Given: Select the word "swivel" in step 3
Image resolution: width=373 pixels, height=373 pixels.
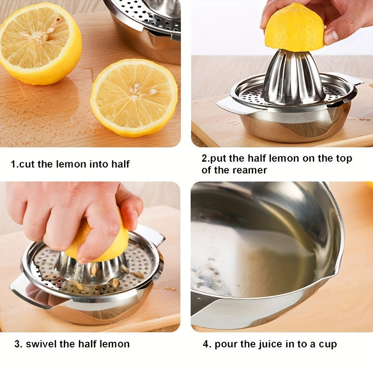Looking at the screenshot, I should pos(41,344).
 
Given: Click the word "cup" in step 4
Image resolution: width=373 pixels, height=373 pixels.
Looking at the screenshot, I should pos(328,344).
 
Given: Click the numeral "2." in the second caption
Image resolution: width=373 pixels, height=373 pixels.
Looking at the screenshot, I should pos(205,159).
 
